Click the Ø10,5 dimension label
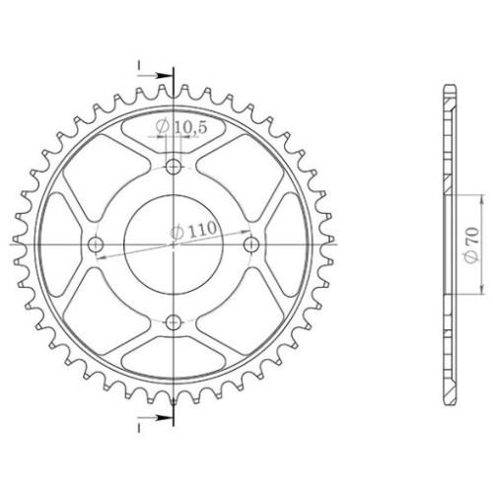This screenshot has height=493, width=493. [181, 127]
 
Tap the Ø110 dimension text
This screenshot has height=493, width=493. [193, 230]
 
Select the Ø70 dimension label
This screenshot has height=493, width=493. [471, 244]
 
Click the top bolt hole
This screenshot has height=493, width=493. [174, 168]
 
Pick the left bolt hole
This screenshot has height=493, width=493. [96, 245]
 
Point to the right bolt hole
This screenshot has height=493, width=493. [251, 245]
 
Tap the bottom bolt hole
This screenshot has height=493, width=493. [174, 322]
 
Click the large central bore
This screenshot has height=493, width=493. [174, 245]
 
